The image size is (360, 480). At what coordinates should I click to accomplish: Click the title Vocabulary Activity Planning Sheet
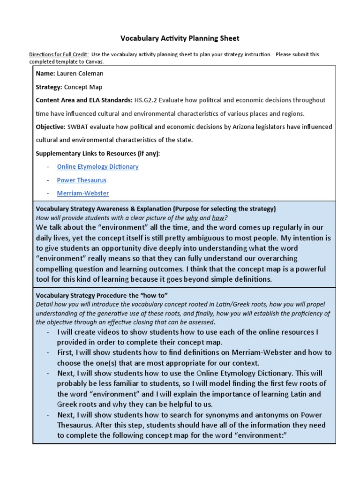pyautogui.click(x=180, y=38)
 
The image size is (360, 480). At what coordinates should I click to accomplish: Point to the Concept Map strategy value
pyautogui.click(x=83, y=87)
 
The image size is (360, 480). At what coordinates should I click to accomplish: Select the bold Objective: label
pyautogui.click(x=50, y=127)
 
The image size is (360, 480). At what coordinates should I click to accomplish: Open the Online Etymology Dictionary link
pyautogui.click(x=97, y=166)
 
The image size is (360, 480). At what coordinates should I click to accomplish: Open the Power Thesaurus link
pyautogui.click(x=82, y=180)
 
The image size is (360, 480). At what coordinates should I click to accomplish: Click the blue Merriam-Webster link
pyautogui.click(x=83, y=193)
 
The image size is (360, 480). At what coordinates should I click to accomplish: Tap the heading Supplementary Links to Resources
pyautogui.click(x=98, y=153)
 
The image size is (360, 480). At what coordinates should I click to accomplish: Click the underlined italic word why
pyautogui.click(x=192, y=218)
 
